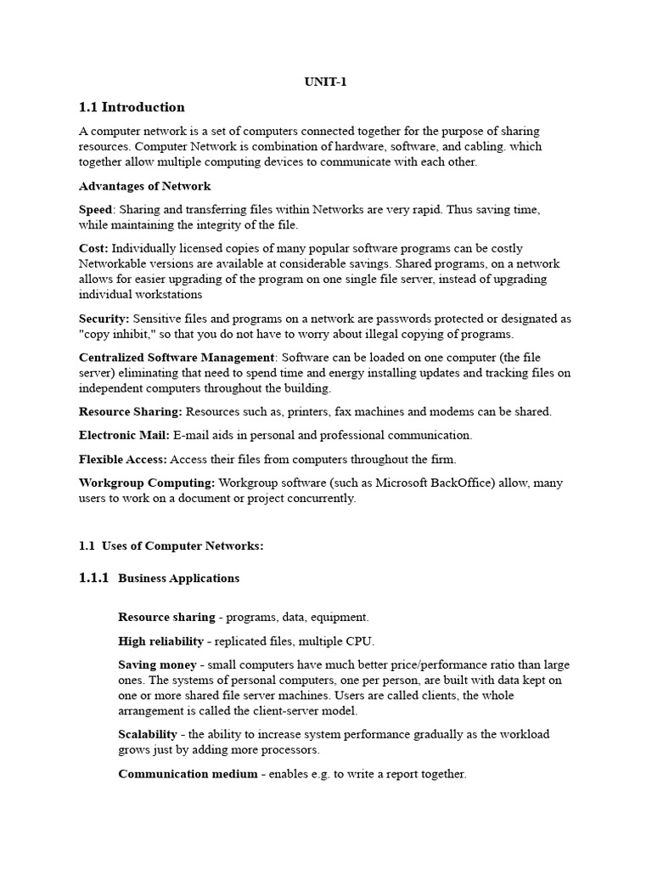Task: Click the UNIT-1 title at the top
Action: (325, 82)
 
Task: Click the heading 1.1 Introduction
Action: (132, 107)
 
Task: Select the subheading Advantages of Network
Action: (144, 186)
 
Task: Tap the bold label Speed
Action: (95, 209)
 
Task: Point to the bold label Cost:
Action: (93, 247)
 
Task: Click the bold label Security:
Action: (104, 319)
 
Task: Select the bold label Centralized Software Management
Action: (177, 358)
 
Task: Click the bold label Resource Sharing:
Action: (131, 411)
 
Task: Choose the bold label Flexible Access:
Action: (124, 459)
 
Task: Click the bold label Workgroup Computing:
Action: (147, 483)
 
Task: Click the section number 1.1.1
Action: (93, 578)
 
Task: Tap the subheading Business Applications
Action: (179, 579)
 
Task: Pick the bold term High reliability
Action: (161, 641)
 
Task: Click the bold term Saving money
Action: (157, 664)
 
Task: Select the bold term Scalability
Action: (148, 734)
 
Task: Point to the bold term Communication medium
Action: (188, 774)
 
